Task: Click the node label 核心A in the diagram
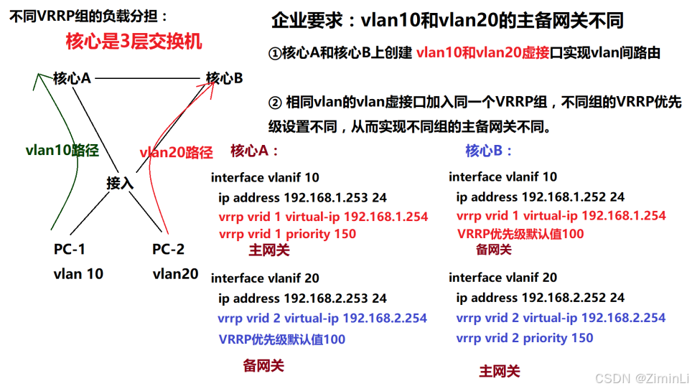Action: (x=72, y=78)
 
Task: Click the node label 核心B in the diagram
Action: (x=224, y=78)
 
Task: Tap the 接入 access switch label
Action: (x=120, y=183)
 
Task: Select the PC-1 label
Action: (x=69, y=250)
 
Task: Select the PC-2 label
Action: (x=168, y=250)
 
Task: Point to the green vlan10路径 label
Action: (x=62, y=150)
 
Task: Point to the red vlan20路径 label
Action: (x=176, y=152)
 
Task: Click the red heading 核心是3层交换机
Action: (x=134, y=41)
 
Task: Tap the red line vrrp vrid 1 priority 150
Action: (x=287, y=234)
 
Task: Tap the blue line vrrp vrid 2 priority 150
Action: (x=525, y=338)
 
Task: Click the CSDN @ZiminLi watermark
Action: (x=642, y=377)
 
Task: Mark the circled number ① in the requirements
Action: (x=275, y=54)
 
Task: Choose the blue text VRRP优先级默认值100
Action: (x=282, y=339)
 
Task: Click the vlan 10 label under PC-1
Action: (x=78, y=274)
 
